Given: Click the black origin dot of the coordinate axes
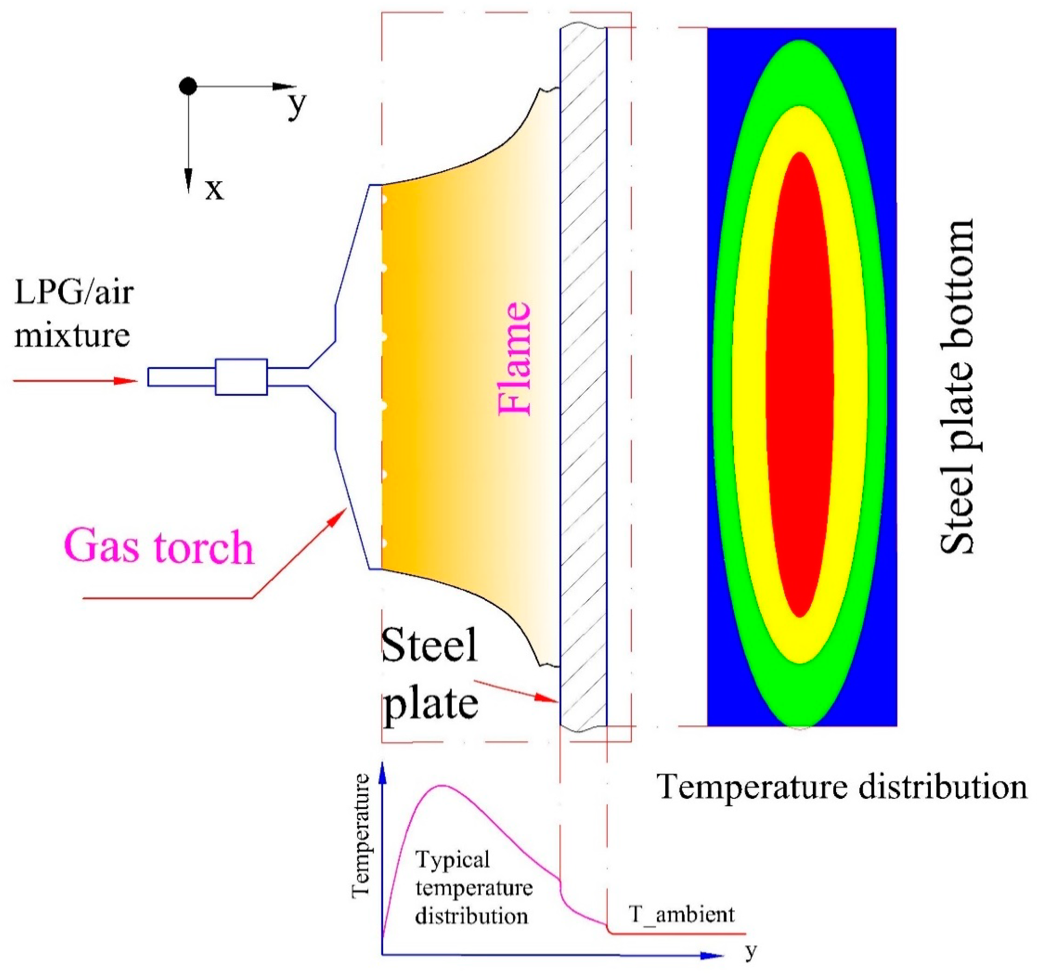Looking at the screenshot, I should [188, 86].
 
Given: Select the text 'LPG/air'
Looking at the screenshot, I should [73, 293].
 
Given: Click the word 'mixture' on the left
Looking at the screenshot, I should [72, 335].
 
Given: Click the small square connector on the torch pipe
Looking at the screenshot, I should [241, 377].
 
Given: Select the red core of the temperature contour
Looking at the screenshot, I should [800, 386].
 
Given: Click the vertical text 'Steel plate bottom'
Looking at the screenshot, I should [957, 386].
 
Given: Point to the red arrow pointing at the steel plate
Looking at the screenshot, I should [516, 691].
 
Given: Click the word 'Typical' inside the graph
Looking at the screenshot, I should [452, 859].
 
